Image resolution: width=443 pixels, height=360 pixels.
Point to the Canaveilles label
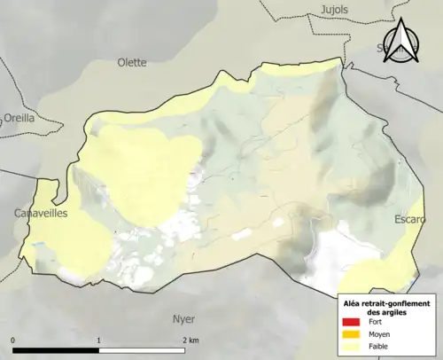click(x=42, y=214)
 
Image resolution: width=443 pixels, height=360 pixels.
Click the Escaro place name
click(x=410, y=219)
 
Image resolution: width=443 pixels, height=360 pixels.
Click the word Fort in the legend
click(x=375, y=322)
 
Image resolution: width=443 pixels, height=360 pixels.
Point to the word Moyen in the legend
click(x=378, y=334)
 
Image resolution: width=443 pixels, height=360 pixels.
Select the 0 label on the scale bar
click(x=13, y=340)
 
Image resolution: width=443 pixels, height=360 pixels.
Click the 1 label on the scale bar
click(x=98, y=340)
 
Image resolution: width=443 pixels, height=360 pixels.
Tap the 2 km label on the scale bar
click(x=189, y=340)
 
